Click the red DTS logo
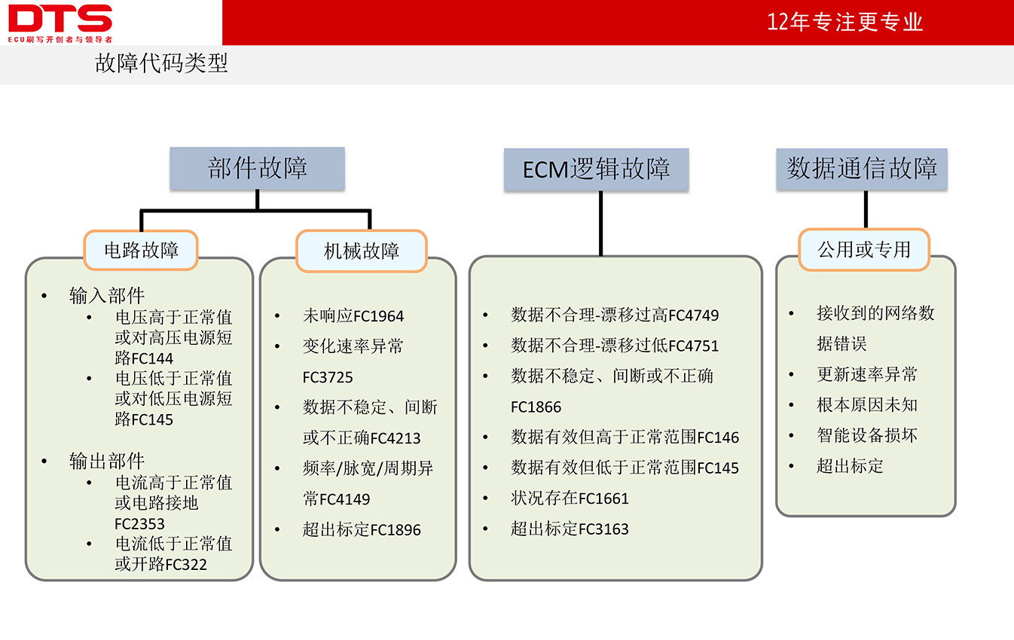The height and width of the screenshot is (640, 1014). point(60,23)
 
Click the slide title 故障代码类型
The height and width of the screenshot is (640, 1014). point(161,62)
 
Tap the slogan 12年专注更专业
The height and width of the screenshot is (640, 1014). point(844,22)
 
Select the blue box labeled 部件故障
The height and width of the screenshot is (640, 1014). point(257,168)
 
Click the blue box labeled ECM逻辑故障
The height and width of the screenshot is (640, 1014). point(596,169)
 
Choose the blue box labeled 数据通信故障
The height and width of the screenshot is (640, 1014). point(861,169)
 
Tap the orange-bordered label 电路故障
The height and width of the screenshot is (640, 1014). point(141,250)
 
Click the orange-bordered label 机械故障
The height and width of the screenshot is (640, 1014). point(362,251)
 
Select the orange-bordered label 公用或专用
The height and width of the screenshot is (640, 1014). point(864,250)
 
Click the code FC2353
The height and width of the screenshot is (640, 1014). point(139,524)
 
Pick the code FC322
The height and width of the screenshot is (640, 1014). point(186,565)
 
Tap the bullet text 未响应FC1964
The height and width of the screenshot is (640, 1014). point(353,315)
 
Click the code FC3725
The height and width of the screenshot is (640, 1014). point(327,377)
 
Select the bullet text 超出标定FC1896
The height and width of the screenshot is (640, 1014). point(362,529)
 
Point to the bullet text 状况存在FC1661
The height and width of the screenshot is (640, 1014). point(570,498)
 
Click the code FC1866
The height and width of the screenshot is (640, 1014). point(536,407)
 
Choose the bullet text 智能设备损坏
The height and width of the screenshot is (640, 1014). point(867,435)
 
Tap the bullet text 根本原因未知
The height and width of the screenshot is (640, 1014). point(867,405)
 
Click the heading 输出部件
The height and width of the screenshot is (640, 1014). point(107,461)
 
